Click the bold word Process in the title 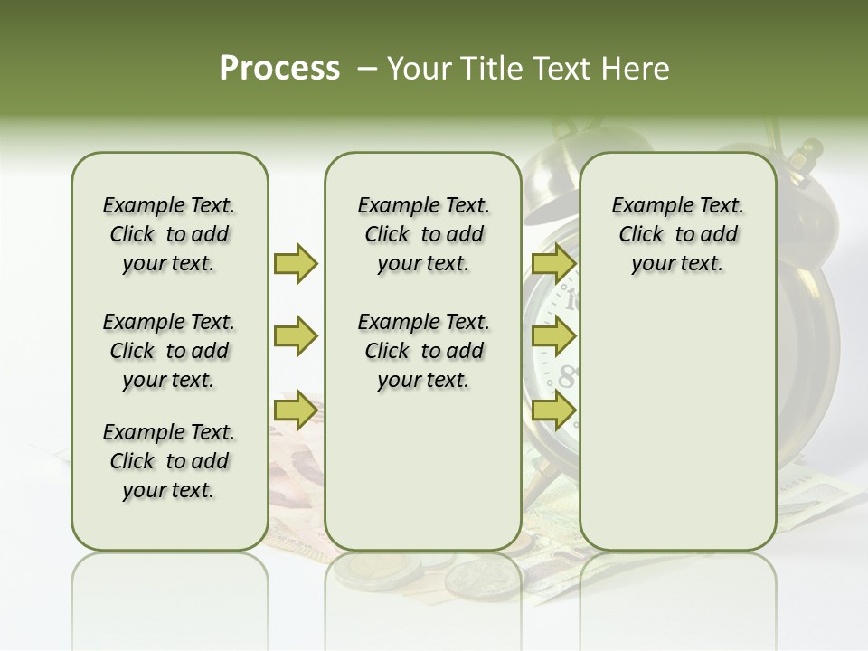[279, 69]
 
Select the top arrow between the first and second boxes [296, 263]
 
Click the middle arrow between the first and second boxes [296, 337]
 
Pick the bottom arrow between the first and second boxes [296, 410]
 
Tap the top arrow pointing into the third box [553, 263]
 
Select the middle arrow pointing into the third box [553, 337]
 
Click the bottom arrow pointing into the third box [553, 410]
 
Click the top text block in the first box [169, 234]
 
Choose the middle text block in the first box [169, 351]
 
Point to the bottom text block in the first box [169, 461]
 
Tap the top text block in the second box [423, 234]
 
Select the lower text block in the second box [423, 351]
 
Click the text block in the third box [677, 234]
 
